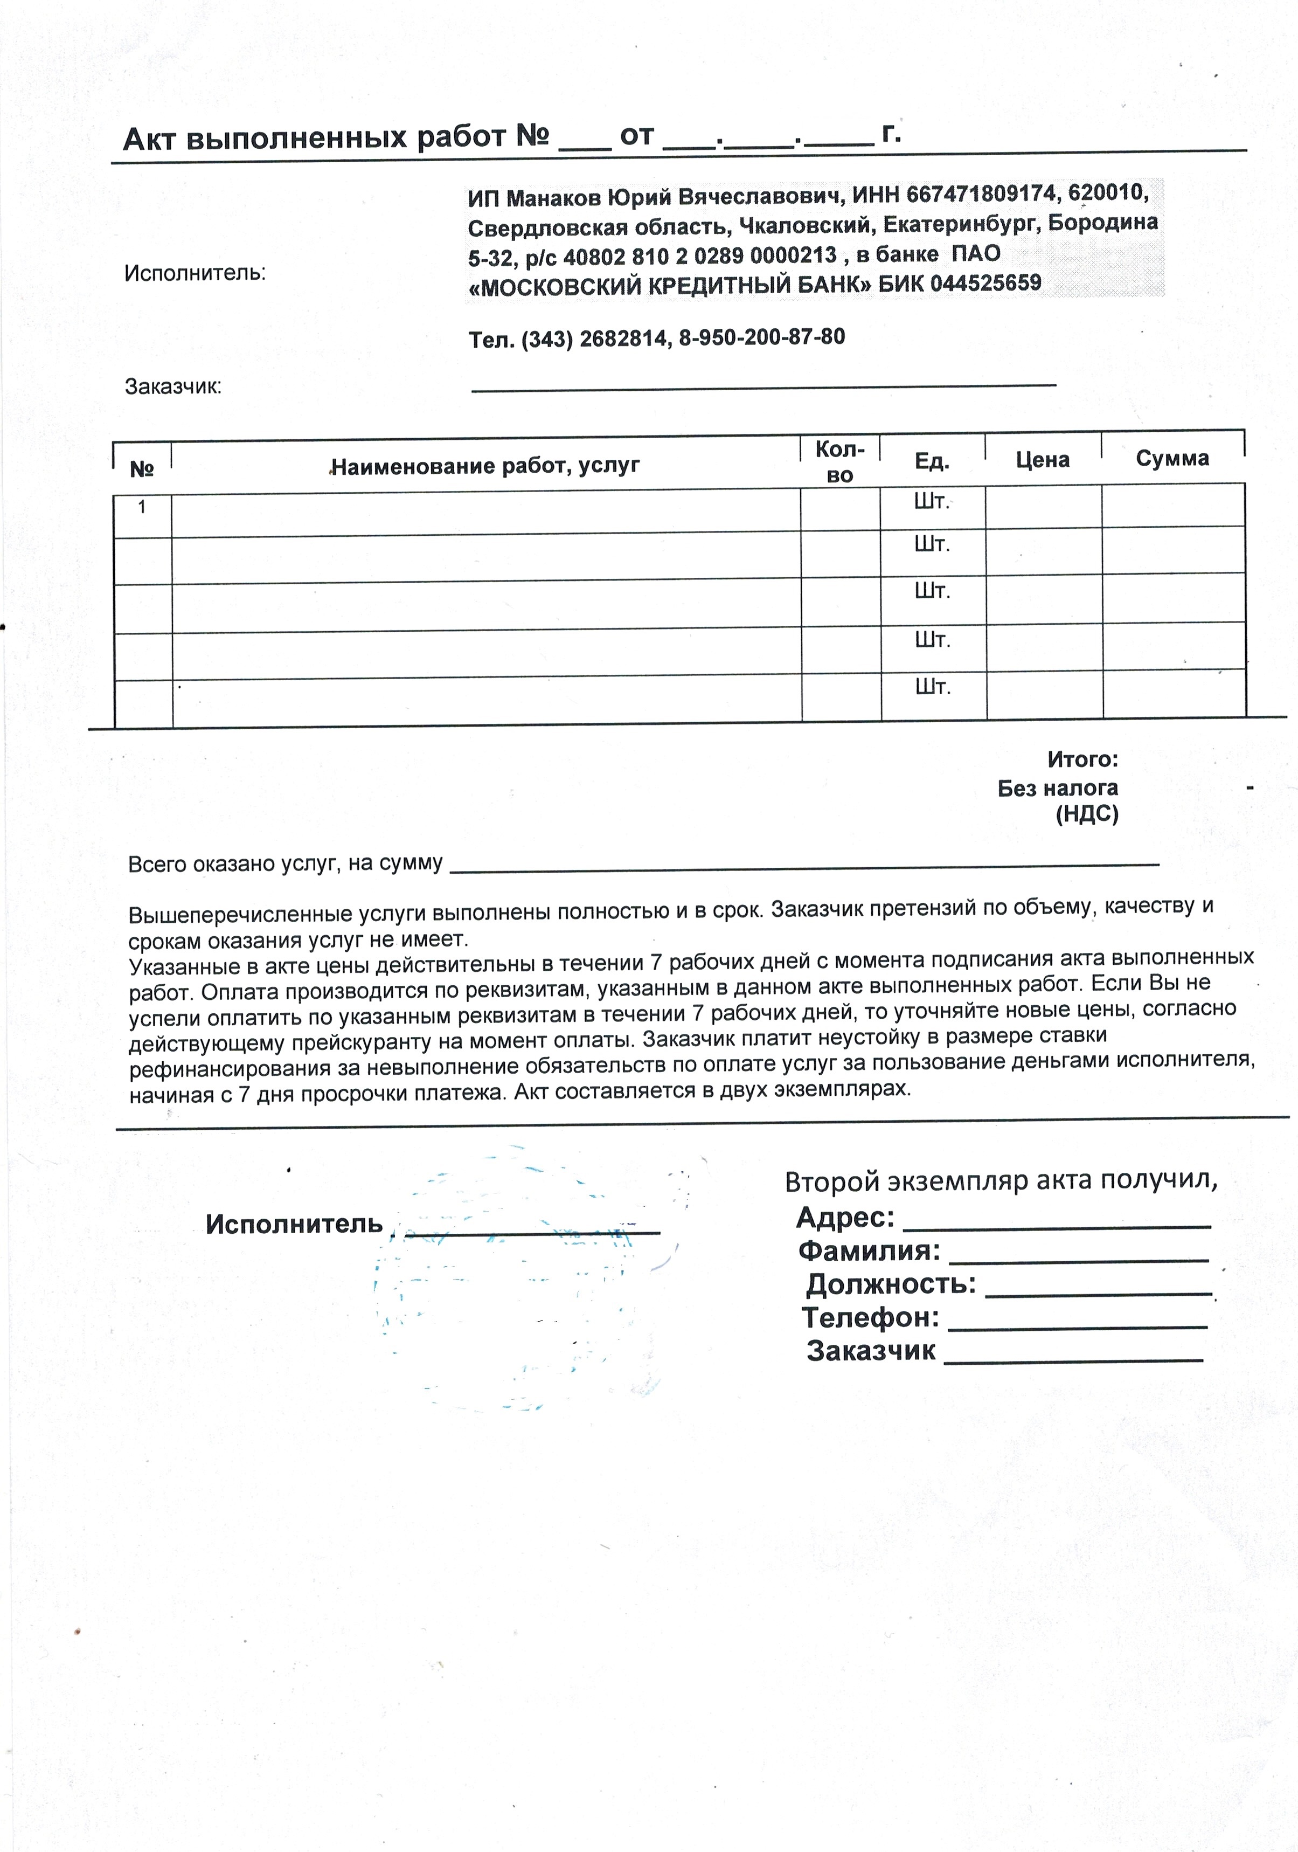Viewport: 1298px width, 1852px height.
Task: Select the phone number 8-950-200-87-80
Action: point(762,337)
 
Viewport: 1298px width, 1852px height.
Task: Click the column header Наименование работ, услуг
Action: point(485,465)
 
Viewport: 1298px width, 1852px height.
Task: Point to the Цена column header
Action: point(1043,460)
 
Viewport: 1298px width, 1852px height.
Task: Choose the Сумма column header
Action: point(1172,458)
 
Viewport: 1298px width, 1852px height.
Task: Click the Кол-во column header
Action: point(839,461)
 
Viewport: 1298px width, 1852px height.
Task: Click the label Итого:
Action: point(1082,759)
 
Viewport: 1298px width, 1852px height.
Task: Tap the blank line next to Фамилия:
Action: point(1079,1259)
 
